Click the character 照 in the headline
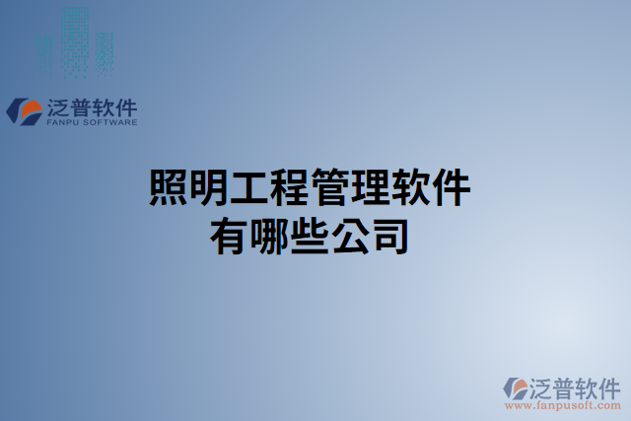(x=168, y=187)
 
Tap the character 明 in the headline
(x=207, y=187)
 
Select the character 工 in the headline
(x=247, y=187)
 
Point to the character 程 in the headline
(x=288, y=187)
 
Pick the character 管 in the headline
(x=328, y=187)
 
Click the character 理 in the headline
(x=369, y=187)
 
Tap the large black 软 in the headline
(x=409, y=187)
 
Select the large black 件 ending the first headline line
(x=450, y=187)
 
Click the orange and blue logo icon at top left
(x=24, y=109)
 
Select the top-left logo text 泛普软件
(x=92, y=106)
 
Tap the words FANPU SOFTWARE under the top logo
(x=92, y=123)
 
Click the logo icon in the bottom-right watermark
(x=517, y=386)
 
